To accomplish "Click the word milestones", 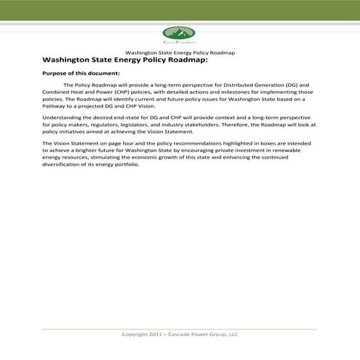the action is [247, 94].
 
